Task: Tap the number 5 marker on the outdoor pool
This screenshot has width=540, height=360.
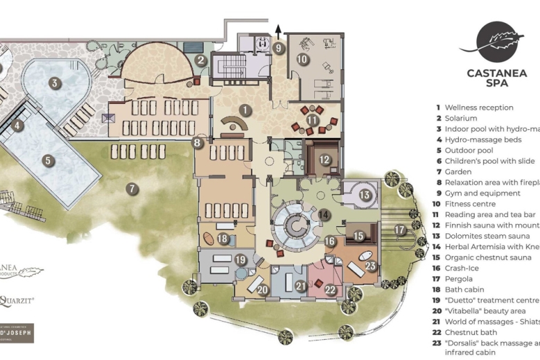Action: coord(48,160)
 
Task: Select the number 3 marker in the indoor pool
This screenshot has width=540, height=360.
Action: coord(53,83)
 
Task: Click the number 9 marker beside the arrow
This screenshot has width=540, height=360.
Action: coord(278,49)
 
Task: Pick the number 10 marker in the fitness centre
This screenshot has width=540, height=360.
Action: coord(302,60)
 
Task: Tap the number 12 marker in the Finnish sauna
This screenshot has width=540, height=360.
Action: coord(324,159)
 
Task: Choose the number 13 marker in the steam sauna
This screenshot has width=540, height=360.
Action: coord(365,196)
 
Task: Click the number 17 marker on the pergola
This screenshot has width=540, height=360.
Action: coord(400,230)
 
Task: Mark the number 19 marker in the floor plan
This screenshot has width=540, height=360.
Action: coord(241,260)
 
